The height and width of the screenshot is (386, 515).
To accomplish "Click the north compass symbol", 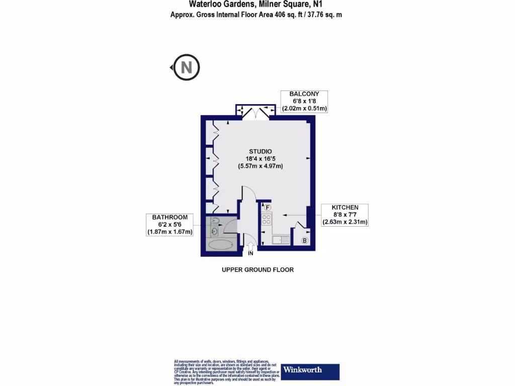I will pos(187,67).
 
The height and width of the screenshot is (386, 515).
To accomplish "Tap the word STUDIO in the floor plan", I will pos(261,151).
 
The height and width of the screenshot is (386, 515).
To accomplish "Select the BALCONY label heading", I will pos(304,94).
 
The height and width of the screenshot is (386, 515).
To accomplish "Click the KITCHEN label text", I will pos(345,207).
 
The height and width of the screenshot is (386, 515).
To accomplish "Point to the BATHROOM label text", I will pos(170,217).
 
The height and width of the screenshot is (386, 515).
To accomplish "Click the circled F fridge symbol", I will pos(268,207).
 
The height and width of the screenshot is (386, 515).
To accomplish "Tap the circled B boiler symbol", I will pos(304,241).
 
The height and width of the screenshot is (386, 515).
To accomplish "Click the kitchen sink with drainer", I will pos(281,240).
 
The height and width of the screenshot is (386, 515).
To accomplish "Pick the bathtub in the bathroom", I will pos(220,245).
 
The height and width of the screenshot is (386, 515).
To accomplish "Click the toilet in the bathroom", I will pos(215,221).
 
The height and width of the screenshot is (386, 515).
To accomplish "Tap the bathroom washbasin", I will pos(214,231).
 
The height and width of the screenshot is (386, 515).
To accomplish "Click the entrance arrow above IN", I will pos(251,246).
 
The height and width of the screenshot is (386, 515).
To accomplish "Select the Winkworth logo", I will pos(310,371).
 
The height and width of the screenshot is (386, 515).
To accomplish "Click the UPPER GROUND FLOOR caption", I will pos(257,270).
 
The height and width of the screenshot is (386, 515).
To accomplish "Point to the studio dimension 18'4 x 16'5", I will pos(261,159).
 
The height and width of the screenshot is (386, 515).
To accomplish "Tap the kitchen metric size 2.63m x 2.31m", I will pos(345,222).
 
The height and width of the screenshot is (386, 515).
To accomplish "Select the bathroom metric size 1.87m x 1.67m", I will pos(170,232).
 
